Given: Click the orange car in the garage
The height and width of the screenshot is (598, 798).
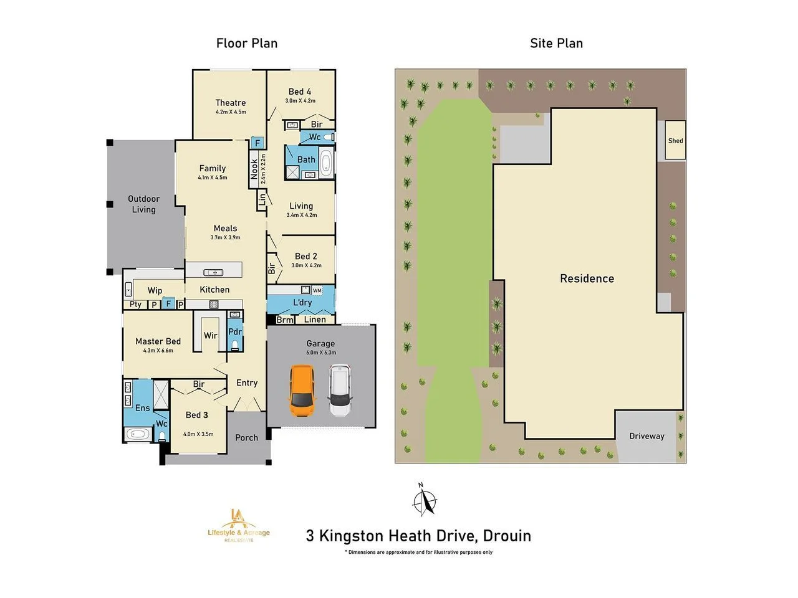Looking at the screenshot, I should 302,391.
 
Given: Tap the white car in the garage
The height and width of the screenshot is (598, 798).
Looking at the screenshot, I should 340,391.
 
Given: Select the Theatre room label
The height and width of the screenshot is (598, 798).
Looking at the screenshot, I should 231,103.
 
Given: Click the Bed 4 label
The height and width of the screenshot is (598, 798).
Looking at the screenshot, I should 300,92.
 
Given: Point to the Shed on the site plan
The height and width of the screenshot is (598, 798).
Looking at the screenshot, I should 675,141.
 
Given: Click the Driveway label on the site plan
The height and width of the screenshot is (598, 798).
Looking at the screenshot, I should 647,436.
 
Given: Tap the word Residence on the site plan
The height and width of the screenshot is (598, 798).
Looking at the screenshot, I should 587,278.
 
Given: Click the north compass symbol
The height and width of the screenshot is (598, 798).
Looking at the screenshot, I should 425,500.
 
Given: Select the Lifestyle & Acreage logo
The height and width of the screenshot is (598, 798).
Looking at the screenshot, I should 239,525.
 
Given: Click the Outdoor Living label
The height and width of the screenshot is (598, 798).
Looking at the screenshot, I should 143,204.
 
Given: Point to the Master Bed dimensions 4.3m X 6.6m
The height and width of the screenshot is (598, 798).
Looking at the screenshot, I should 158,351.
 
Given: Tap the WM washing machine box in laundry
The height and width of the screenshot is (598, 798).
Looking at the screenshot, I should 317,290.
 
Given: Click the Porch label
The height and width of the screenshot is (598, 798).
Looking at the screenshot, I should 246,438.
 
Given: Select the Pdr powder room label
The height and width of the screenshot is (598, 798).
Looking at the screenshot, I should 234,332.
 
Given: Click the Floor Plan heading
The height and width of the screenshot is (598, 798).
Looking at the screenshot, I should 247,43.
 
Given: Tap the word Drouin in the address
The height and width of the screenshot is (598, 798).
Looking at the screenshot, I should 507,536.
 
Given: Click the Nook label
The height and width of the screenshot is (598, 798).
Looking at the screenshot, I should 254,169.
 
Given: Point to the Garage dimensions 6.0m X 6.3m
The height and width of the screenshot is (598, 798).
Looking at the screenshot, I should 320,353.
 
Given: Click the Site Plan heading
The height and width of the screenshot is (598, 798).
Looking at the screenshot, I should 556,43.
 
